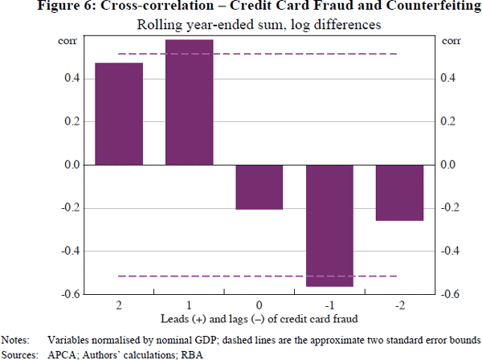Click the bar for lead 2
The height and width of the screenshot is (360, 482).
coord(119,113)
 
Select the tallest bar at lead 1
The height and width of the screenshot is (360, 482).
coord(189,102)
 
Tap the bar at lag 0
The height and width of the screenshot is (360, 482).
coord(259,186)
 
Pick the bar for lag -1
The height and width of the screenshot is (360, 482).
coord(329,225)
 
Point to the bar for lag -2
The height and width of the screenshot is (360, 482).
coord(399,192)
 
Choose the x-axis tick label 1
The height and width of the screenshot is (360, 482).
coord(189,306)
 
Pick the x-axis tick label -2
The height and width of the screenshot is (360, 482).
coord(399,306)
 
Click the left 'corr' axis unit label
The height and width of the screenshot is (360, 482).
coord(68,40)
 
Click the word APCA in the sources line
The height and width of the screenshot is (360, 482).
coord(62,353)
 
